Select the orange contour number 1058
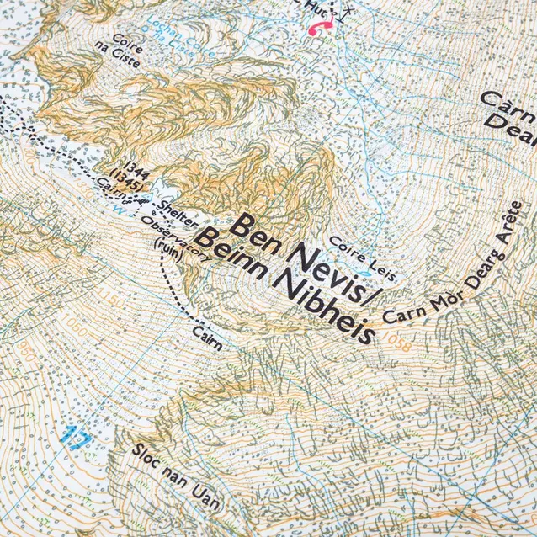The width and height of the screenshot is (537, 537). coord(392,340)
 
